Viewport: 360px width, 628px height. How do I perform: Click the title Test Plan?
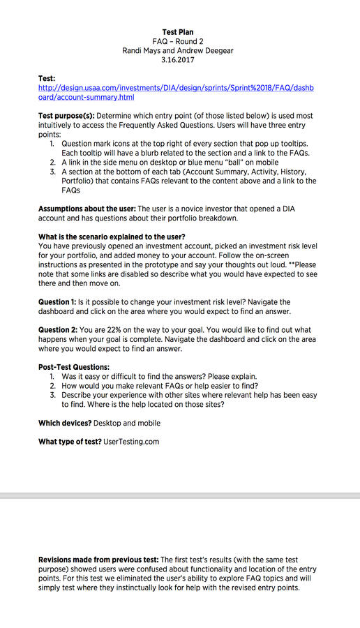point(178,32)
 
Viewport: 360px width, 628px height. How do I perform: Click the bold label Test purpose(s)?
point(66,116)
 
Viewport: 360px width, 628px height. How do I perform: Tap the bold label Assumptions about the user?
point(87,209)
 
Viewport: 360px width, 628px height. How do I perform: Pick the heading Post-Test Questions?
point(74,367)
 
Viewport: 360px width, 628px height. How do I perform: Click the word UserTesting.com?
point(131,442)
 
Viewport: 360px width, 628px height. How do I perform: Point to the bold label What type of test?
point(69,442)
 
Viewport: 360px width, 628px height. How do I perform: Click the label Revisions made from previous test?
point(98,560)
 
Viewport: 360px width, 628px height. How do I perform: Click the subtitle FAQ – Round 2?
point(178,41)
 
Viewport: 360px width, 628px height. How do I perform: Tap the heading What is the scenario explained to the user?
point(112,237)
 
